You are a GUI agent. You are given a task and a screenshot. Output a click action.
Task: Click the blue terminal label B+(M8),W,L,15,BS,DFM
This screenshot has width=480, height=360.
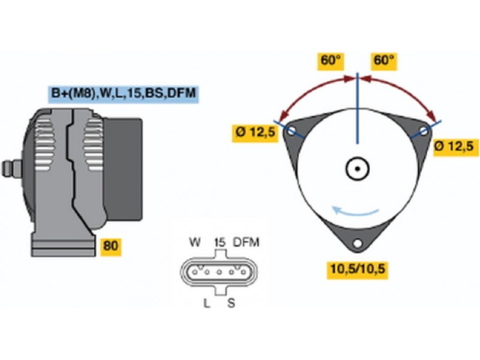click(x=124, y=93)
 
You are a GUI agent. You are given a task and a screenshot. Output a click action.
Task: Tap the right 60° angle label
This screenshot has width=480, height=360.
click(x=383, y=61)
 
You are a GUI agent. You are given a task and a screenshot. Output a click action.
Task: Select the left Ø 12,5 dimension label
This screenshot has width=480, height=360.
click(x=255, y=132)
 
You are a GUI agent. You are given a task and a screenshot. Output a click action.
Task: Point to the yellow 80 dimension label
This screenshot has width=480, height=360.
click(x=110, y=247)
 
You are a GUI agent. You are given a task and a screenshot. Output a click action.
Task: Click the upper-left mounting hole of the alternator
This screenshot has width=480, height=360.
click(x=292, y=131)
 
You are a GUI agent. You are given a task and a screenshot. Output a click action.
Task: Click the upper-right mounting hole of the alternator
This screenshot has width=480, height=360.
click(x=423, y=131)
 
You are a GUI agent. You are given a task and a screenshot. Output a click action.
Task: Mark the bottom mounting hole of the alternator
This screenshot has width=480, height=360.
click(x=358, y=244)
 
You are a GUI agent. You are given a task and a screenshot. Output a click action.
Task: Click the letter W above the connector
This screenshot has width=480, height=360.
click(x=194, y=242)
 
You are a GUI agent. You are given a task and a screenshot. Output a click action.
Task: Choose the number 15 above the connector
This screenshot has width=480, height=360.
click(x=219, y=242)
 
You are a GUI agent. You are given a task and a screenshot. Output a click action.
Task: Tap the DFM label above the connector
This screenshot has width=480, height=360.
click(x=246, y=242)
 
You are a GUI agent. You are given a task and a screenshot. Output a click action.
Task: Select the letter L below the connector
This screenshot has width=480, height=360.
click(x=206, y=303)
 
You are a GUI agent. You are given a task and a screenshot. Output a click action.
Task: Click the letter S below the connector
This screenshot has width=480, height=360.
click(x=231, y=303)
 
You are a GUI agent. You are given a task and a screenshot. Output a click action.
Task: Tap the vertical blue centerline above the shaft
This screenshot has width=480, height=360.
click(x=358, y=108)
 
